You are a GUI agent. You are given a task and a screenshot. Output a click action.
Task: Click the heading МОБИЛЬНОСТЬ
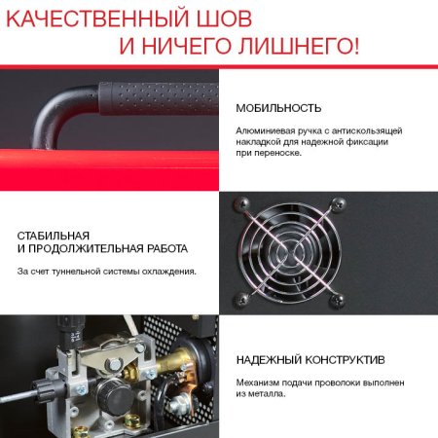pyautogui.click(x=278, y=108)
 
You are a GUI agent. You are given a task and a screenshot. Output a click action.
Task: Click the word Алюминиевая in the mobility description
pyautogui.click(x=263, y=130)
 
